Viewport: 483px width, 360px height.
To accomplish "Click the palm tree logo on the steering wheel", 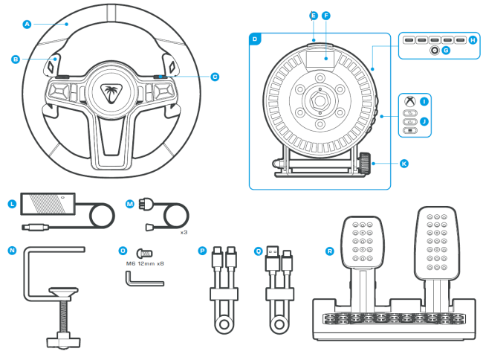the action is (111, 92).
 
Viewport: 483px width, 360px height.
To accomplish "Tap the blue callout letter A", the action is (27, 24).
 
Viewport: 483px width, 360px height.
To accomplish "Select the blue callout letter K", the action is (403, 164).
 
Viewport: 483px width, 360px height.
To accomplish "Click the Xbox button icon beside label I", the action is (410, 101).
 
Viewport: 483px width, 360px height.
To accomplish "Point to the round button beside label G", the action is (435, 51).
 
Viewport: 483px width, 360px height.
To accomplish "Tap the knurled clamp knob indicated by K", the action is (365, 163).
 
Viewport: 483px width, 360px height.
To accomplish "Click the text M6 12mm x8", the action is (145, 263).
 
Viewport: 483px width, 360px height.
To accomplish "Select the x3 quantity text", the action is (184, 232).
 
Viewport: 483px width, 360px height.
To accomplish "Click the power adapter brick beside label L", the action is (48, 204).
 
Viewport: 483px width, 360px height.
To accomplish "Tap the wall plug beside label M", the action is (144, 204).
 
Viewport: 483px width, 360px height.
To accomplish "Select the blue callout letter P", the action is (202, 251).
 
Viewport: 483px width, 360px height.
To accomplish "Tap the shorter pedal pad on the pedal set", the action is (363, 242).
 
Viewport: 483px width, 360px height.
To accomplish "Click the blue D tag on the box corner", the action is (255, 39).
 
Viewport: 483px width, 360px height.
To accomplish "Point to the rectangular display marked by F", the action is (320, 60).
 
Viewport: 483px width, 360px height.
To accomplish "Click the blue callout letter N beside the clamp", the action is (12, 250).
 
